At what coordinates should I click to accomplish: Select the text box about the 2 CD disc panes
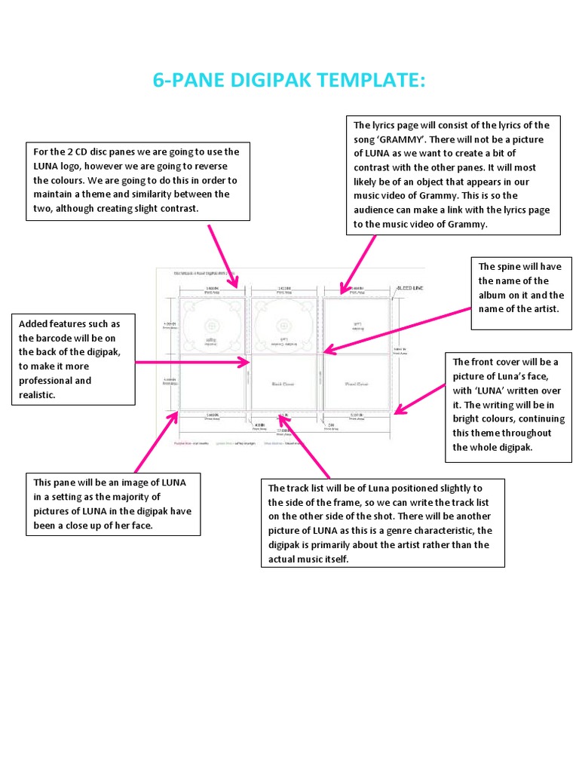[x=136, y=180]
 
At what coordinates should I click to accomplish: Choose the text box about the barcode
[x=73, y=359]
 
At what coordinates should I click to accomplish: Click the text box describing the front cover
[x=506, y=404]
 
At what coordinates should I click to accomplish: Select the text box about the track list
[x=381, y=523]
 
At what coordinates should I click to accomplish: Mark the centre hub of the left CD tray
[x=213, y=325]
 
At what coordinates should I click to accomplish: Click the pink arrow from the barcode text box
[x=192, y=363]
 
